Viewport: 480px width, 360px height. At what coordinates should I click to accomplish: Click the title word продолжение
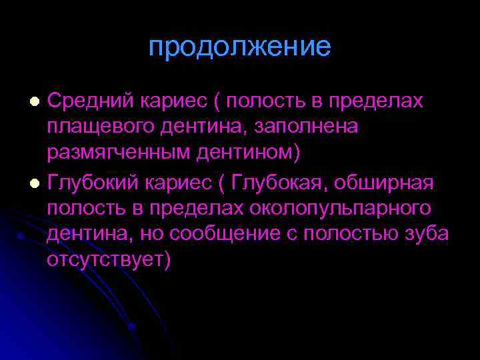(239, 47)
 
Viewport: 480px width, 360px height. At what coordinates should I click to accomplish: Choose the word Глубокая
(286, 183)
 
